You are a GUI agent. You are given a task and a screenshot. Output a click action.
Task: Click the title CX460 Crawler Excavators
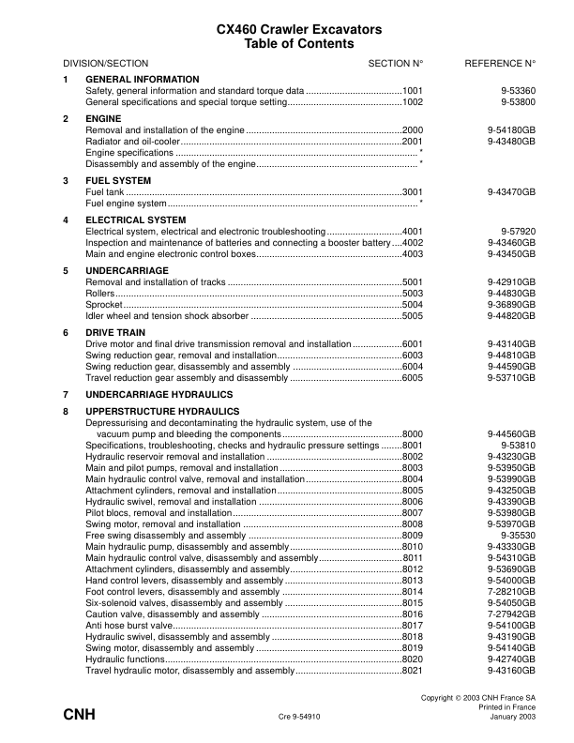(x=286, y=30)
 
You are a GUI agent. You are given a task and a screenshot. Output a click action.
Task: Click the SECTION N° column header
(x=396, y=63)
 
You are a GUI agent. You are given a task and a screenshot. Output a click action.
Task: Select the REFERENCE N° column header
(x=500, y=63)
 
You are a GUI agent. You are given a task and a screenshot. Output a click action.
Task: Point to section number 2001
(x=413, y=141)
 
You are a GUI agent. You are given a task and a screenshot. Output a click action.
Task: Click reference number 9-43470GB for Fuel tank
(x=511, y=191)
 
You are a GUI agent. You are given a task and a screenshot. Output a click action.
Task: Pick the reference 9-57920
(x=518, y=231)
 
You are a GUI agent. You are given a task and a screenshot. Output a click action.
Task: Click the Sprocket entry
(x=103, y=304)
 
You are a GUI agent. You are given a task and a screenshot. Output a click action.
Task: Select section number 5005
(x=413, y=315)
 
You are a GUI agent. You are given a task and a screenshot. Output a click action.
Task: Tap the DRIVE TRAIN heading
(x=116, y=333)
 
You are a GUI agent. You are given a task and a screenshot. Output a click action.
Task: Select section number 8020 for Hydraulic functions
(x=413, y=660)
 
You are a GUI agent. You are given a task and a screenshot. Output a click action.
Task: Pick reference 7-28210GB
(x=511, y=592)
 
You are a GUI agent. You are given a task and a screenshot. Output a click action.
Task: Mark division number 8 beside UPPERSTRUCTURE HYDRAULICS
(x=66, y=412)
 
